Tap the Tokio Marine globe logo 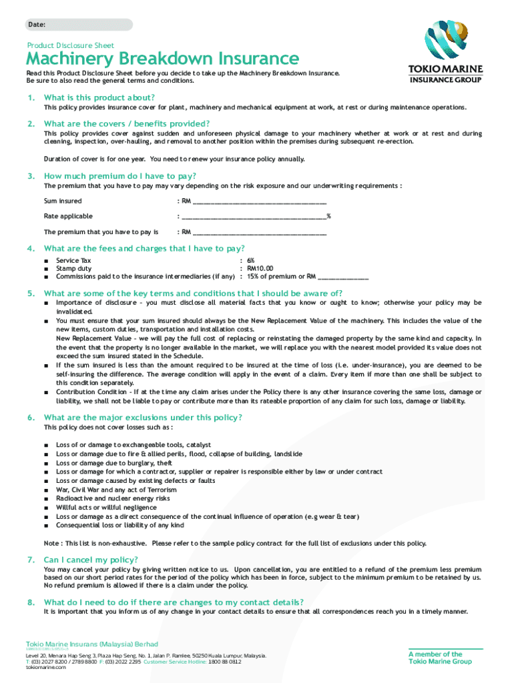pyautogui.click(x=445, y=41)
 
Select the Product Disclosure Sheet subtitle pyautogui.click(x=71, y=45)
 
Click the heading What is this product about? pyautogui.click(x=99, y=97)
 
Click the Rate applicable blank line pyautogui.click(x=254, y=216)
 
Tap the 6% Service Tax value pyautogui.click(x=250, y=261)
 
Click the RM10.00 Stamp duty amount pyautogui.click(x=260, y=269)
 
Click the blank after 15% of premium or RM pyautogui.click(x=343, y=277)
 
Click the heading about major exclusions pyautogui.click(x=143, y=418)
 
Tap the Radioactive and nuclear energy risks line pyautogui.click(x=113, y=498)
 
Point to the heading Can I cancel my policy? pyautogui.click(x=91, y=560)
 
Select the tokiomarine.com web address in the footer pyautogui.click(x=46, y=667)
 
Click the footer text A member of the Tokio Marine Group pyautogui.click(x=440, y=658)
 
